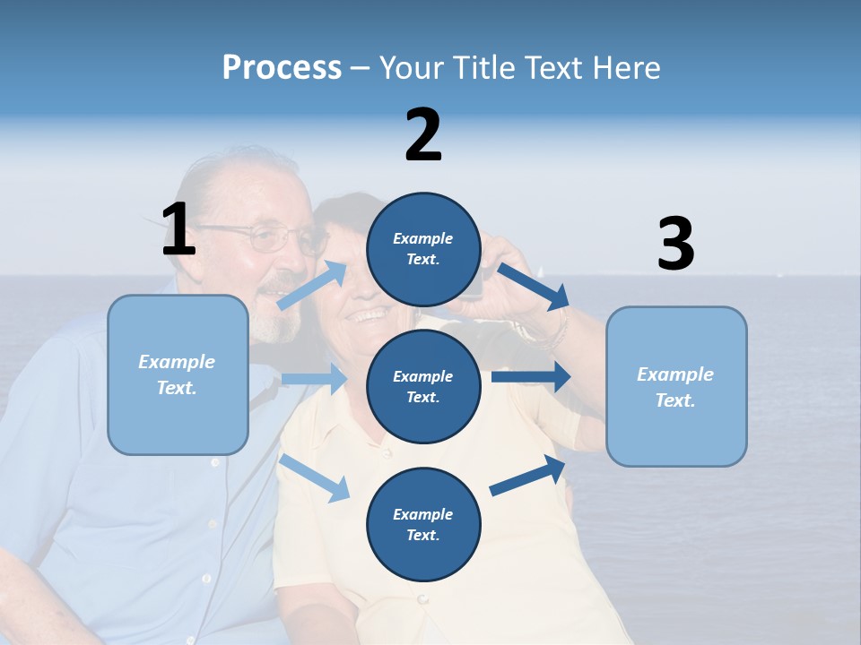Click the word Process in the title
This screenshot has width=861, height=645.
coord(282,67)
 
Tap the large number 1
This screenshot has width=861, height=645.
coord(178,229)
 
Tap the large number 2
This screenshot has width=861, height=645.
coord(423,135)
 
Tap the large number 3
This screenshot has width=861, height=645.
coord(675,245)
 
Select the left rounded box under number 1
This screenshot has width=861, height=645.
coord(178,374)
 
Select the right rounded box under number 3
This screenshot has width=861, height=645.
coord(676,386)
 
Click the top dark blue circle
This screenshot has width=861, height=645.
coord(423,249)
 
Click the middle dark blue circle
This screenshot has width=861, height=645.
coord(423,386)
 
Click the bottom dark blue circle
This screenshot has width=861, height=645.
coord(423,524)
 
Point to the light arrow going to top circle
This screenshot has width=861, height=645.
coord(313,285)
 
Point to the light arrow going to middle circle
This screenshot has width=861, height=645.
coord(314,379)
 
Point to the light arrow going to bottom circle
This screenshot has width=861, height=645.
coord(315,477)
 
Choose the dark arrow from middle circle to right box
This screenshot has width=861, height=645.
coord(531,376)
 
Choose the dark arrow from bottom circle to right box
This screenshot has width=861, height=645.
coord(527,476)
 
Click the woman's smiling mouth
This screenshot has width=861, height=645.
coord(370,315)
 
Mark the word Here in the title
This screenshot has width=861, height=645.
coord(629,67)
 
